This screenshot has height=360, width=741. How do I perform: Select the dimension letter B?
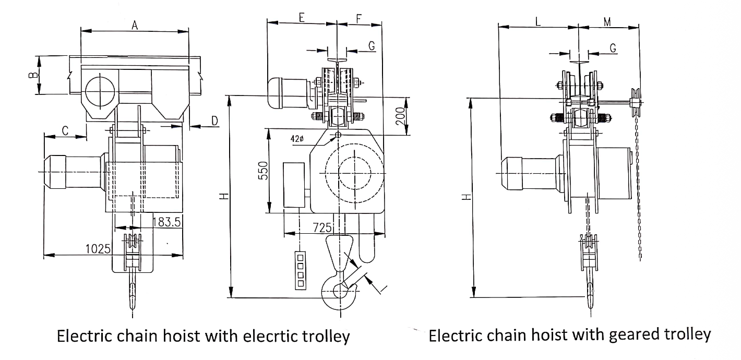[x=33, y=76]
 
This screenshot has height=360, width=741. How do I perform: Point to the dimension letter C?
[x=65, y=130]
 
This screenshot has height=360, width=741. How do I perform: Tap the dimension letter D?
[x=214, y=121]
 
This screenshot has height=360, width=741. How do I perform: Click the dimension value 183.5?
[x=167, y=222]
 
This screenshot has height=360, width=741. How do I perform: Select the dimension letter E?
[x=302, y=17]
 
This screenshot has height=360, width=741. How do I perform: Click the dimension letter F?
[x=359, y=17]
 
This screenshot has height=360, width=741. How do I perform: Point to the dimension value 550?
[x=264, y=171]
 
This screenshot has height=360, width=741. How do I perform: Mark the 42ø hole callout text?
[x=297, y=139]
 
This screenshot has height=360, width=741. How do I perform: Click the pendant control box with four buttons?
[x=300, y=269]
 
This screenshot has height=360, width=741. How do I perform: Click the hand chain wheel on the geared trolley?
[x=635, y=102]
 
